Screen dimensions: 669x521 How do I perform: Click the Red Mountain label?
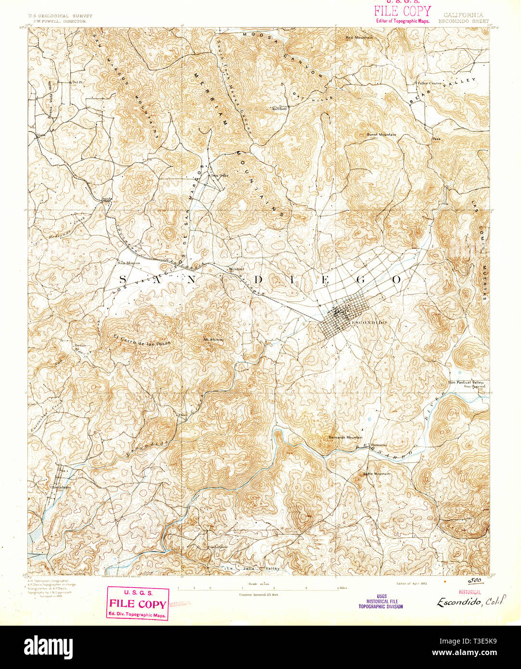pos(358,37)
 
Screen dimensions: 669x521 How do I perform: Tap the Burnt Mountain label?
pos(381,135)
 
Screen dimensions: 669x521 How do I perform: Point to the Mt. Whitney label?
pos(214,340)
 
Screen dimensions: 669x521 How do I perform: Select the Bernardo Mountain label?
pos(345,437)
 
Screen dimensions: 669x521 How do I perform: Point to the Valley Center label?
pos(429,83)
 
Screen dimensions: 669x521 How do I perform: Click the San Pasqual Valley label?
pos(465,382)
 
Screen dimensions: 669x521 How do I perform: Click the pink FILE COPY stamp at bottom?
pos(138,604)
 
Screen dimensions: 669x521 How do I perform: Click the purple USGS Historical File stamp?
pos(381,601)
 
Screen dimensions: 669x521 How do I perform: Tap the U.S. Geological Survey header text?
pos(60,16)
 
